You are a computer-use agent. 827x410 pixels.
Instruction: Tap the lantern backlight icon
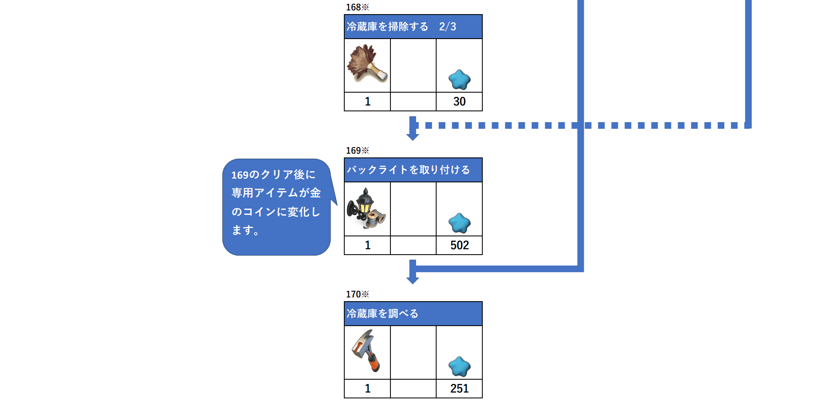click(x=366, y=208)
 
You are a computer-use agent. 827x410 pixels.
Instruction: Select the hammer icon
click(x=366, y=351)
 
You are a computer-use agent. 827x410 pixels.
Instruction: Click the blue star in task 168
click(x=459, y=80)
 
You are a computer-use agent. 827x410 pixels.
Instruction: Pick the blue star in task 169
click(x=459, y=223)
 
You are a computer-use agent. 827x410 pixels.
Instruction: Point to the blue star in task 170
click(x=459, y=366)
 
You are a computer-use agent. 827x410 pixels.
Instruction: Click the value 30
click(x=459, y=101)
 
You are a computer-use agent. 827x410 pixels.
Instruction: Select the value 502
click(x=459, y=245)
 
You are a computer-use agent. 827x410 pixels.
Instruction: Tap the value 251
click(x=459, y=388)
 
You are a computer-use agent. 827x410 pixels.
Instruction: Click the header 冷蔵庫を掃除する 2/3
click(x=402, y=27)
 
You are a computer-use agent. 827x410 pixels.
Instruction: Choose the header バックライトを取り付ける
click(x=408, y=170)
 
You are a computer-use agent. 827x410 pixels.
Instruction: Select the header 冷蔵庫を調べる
click(x=383, y=314)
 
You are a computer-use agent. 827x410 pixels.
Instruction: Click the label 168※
click(x=358, y=7)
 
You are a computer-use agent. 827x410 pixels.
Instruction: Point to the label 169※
click(x=358, y=150)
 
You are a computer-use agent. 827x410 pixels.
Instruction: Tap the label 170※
click(x=358, y=294)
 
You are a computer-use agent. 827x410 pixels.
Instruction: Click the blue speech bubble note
click(x=276, y=207)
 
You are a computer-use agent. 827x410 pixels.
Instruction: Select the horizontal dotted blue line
click(x=582, y=125)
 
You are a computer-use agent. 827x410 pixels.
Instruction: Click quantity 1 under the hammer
click(x=368, y=388)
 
